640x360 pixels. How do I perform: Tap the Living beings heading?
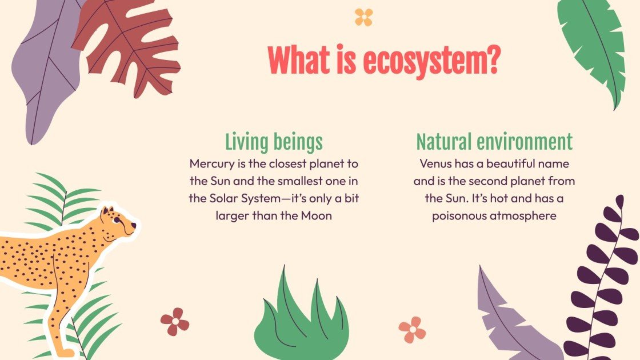click(x=274, y=142)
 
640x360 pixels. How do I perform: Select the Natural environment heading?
click(x=494, y=142)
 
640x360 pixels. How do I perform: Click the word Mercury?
click(x=211, y=164)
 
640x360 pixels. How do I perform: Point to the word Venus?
click(x=437, y=164)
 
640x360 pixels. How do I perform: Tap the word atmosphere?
click(x=526, y=216)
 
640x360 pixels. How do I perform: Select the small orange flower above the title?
click(x=363, y=17)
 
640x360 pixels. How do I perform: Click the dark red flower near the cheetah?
click(x=175, y=322)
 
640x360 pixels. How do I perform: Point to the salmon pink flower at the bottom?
click(x=412, y=330)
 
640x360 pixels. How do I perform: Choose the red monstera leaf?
click(x=129, y=49)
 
